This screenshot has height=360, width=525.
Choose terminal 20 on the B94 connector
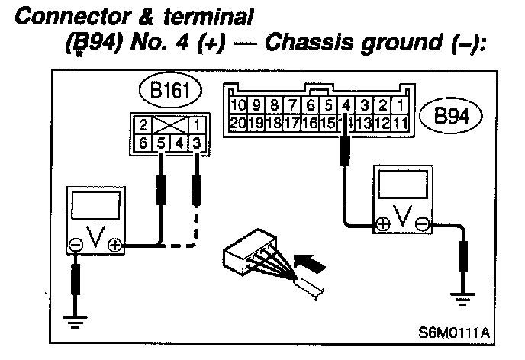click(238, 122)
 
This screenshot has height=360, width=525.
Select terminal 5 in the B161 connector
click(161, 142)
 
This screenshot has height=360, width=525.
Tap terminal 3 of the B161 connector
click(198, 142)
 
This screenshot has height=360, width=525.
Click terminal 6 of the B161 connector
click(142, 142)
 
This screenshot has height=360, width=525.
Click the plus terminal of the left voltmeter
click(114, 246)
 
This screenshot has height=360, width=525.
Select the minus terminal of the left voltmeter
click(76, 246)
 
